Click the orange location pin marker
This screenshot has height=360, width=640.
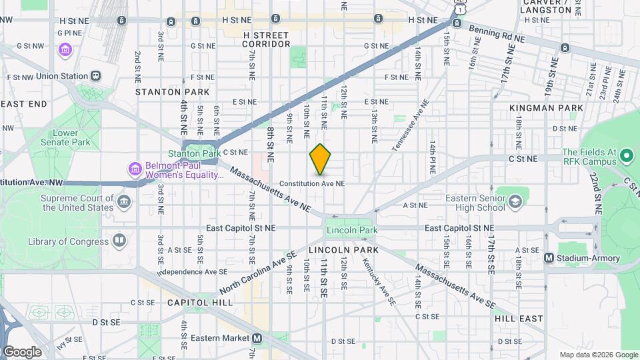click(x=320, y=159)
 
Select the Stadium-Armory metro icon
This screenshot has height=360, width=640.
click(x=549, y=257)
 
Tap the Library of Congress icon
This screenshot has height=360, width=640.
click(x=119, y=239)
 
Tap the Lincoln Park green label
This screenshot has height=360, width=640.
click(x=351, y=231)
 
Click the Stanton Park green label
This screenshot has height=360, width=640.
click(x=203, y=153)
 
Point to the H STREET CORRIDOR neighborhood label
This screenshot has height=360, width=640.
click(x=266, y=39)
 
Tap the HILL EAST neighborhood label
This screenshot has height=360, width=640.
click(x=519, y=319)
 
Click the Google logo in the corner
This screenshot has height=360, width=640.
click(x=21, y=351)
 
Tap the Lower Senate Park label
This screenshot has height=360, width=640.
click(x=71, y=137)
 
